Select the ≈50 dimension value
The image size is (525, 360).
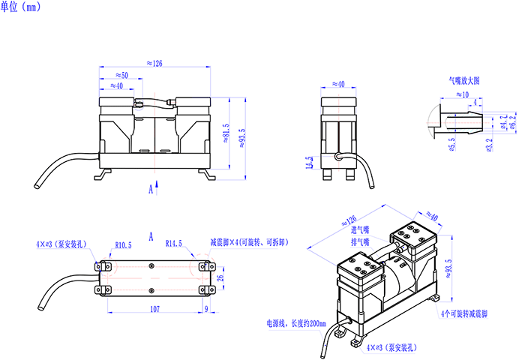click(121, 75)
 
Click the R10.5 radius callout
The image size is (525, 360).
click(123, 245)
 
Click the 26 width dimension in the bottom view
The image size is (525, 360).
click(220, 278)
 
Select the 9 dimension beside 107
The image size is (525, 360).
click(206, 308)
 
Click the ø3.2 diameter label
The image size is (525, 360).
click(488, 145)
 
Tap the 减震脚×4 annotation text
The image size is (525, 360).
click(247, 243)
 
